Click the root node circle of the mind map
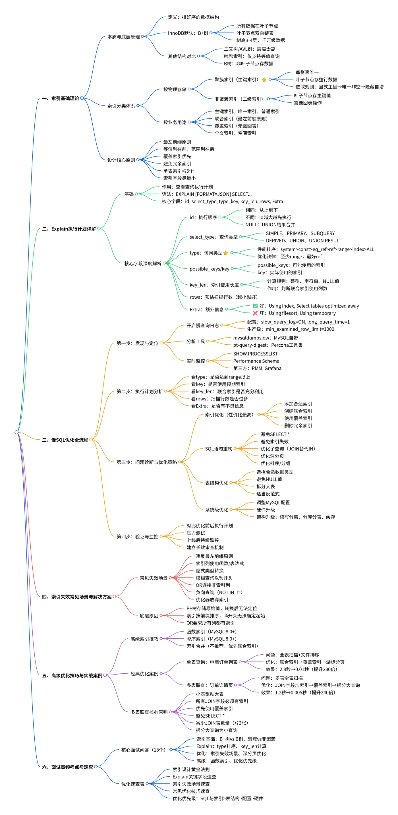(16, 432)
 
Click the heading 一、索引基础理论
(61, 98)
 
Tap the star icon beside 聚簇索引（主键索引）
(264, 79)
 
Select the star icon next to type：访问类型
(225, 253)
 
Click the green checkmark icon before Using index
(255, 306)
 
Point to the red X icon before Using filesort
(255, 313)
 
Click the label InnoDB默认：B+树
(188, 33)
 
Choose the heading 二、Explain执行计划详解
(69, 229)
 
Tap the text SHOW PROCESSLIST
(255, 354)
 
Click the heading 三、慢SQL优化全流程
(65, 440)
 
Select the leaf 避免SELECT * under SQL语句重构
(275, 434)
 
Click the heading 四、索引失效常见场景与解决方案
(77, 597)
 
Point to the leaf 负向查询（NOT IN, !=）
(219, 592)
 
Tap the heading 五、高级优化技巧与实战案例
(72, 675)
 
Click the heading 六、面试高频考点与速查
(67, 767)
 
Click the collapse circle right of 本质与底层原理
(142, 36)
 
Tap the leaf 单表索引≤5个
(179, 171)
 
